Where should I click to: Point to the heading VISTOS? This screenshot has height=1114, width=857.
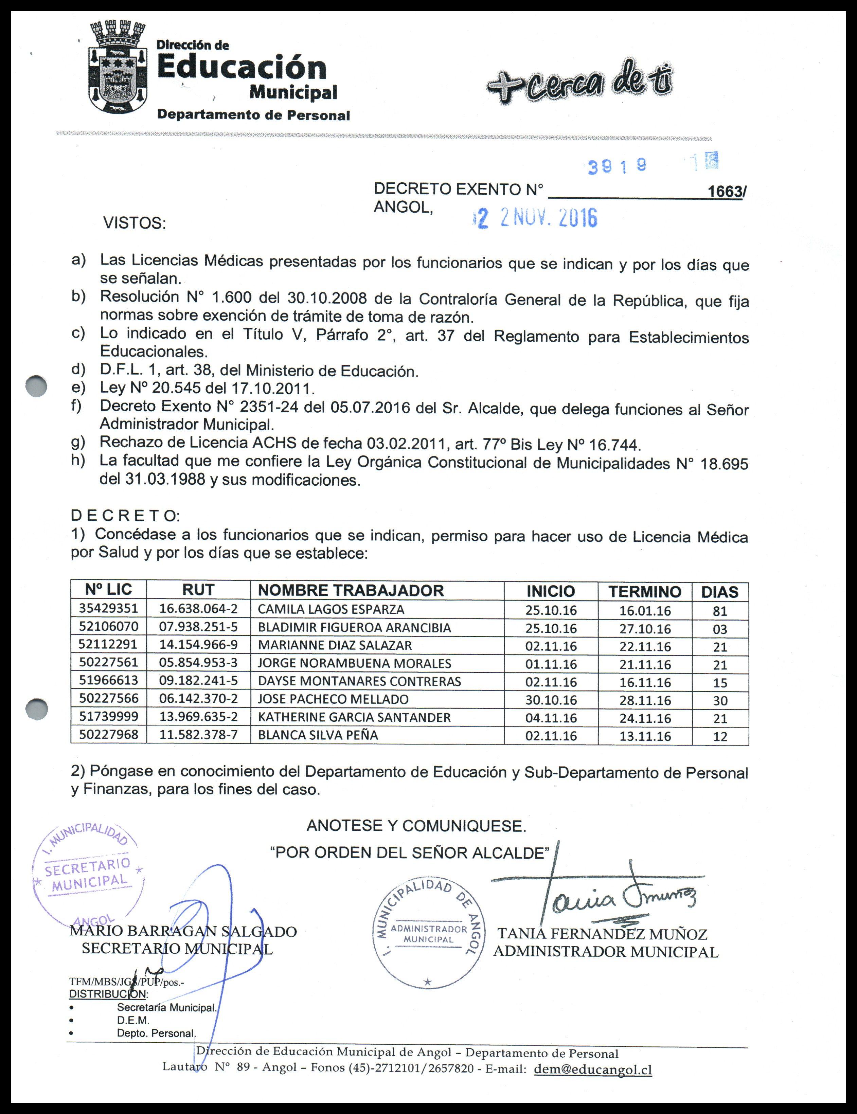(134, 223)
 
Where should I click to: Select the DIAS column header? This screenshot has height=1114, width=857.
(719, 592)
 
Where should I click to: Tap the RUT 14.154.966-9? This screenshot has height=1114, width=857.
(198, 645)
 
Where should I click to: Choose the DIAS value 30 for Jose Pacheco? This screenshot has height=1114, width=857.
(720, 700)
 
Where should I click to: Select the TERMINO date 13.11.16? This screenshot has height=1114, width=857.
(645, 736)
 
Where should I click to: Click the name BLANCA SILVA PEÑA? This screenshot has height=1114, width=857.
(318, 735)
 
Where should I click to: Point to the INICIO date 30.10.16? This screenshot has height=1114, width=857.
(551, 700)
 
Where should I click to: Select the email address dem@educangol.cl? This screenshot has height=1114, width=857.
(592, 1069)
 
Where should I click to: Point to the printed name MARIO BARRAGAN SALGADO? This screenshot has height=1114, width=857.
(183, 931)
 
